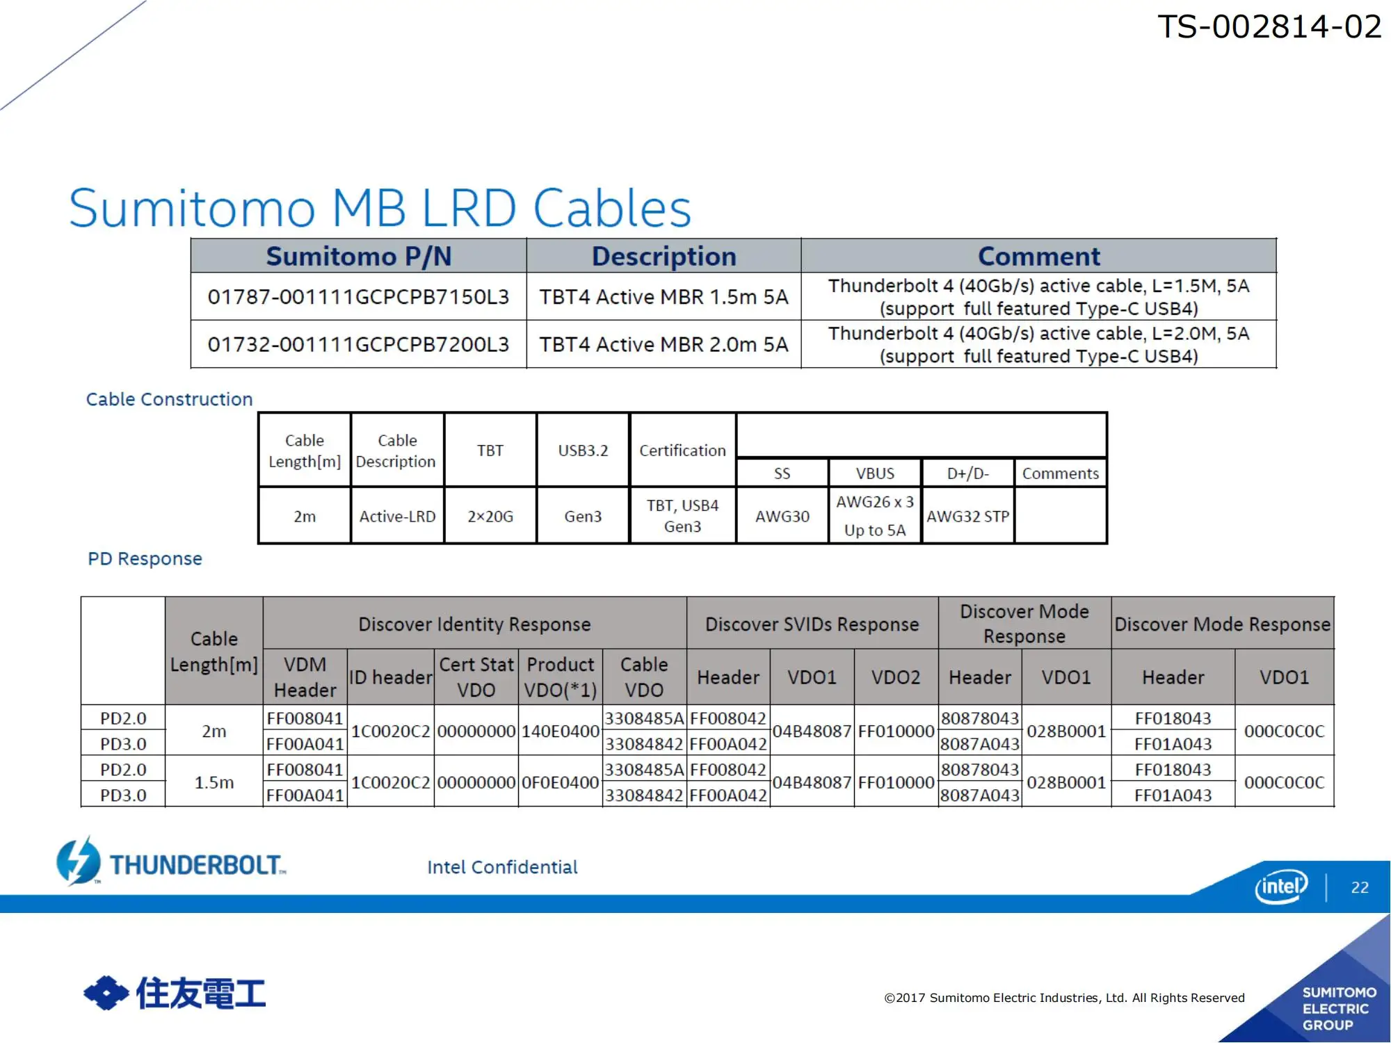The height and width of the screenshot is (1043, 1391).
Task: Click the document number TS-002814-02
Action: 1269,27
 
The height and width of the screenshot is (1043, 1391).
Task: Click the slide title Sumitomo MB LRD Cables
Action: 380,208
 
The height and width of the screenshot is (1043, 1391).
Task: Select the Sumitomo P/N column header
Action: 359,256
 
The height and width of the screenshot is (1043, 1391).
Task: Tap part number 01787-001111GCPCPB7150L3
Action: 358,297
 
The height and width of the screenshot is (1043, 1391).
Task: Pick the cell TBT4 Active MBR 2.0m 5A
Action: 664,344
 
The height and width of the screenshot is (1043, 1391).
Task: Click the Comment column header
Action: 1039,256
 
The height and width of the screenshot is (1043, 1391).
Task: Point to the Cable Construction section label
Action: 169,399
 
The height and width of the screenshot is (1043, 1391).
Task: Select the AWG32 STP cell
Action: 967,516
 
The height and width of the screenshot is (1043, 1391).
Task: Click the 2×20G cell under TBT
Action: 490,516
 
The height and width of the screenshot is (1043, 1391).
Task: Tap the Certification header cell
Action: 682,451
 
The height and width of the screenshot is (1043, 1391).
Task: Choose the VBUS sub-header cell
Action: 875,474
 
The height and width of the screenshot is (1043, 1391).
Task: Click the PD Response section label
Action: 145,558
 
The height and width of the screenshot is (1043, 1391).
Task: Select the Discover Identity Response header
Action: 474,624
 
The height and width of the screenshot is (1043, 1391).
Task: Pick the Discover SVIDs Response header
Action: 812,624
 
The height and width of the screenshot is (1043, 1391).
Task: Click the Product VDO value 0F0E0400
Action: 560,782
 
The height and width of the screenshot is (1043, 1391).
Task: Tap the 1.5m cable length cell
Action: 214,782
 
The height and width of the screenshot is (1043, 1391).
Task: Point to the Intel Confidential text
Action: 502,867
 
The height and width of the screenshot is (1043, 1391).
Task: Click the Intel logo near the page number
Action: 1281,886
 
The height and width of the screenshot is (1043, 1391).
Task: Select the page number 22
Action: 1360,887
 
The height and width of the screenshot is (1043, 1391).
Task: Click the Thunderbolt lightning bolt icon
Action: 78,861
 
